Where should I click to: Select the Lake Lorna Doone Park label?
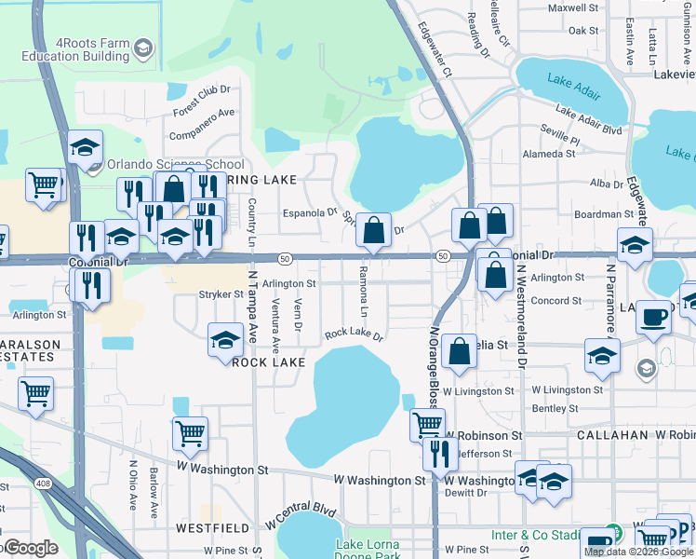(x=367, y=550)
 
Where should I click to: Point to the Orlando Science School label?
(x=176, y=164)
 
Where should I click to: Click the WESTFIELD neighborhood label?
(x=213, y=527)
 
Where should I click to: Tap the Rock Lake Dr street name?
(x=354, y=334)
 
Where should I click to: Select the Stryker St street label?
(x=221, y=293)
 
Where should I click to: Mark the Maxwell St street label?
(x=572, y=7)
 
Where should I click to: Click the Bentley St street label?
(x=555, y=409)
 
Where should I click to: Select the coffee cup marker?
(x=653, y=317)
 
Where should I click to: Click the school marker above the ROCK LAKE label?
(x=225, y=341)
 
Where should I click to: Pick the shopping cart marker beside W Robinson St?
(x=427, y=424)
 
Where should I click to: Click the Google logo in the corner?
(x=31, y=548)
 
